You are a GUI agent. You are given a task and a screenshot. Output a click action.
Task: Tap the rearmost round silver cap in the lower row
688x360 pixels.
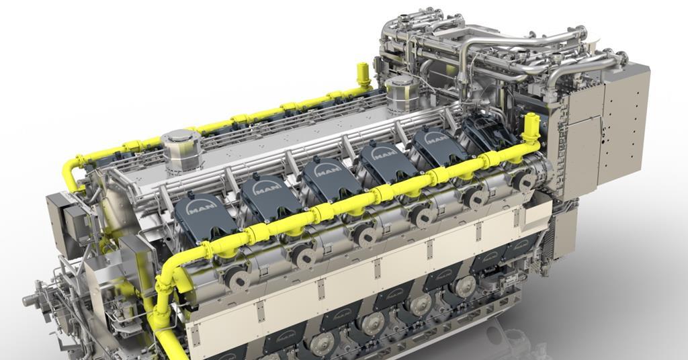tap(463, 285)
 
